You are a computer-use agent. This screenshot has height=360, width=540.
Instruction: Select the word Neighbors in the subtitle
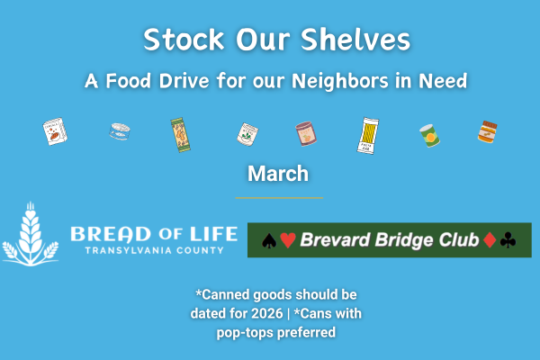tap(360, 80)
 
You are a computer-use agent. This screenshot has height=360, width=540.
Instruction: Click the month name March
tap(278, 173)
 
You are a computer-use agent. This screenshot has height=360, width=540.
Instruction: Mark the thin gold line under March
tap(278, 197)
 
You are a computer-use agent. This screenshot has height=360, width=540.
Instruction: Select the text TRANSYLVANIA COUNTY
tap(147, 250)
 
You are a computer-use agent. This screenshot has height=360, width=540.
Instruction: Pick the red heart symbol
tap(287, 240)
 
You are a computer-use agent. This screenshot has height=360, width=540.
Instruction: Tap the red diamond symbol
tap(489, 240)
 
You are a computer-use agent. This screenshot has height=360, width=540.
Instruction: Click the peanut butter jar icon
tap(487, 133)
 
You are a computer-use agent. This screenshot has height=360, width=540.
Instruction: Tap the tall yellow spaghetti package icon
tap(368, 135)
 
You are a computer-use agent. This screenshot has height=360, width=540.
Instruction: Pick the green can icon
tap(428, 135)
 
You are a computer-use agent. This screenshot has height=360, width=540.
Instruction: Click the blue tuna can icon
tap(119, 133)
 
